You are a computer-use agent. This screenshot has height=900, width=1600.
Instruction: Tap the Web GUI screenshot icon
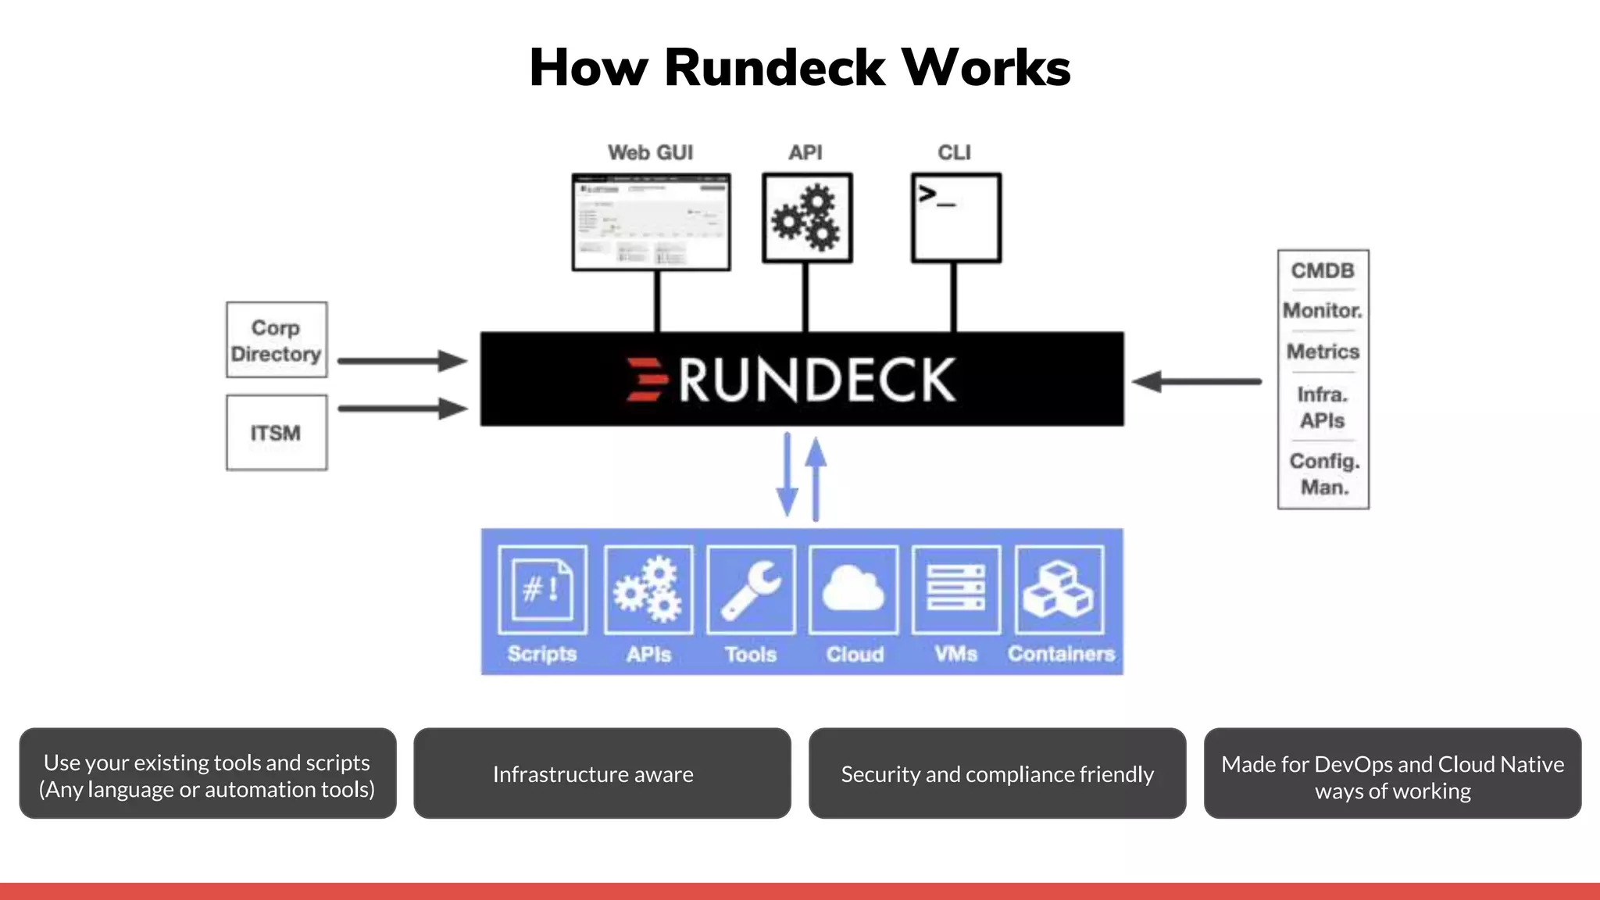pos(651,222)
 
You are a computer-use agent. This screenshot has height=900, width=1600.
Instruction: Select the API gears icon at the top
pos(806,217)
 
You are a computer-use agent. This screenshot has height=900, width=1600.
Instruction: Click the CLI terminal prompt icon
pos(955,217)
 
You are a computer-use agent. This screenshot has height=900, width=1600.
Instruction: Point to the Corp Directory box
pos(277,340)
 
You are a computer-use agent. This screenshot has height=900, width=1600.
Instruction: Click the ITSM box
pos(277,432)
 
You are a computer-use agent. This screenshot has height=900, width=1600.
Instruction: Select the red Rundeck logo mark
pos(646,380)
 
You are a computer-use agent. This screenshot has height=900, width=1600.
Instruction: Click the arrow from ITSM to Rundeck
pos(402,408)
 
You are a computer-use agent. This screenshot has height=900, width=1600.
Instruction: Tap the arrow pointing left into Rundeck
pos(1195,381)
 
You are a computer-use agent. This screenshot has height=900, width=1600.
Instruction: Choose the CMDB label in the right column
pos(1323,270)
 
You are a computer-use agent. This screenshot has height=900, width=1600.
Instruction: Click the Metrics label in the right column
pos(1323,352)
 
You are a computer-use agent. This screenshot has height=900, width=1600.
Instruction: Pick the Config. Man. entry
pos(1323,473)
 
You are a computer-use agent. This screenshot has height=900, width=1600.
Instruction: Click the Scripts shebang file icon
pos(542,590)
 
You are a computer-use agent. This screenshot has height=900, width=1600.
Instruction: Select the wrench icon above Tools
pos(751,590)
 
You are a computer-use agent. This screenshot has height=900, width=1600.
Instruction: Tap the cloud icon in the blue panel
pos(853,590)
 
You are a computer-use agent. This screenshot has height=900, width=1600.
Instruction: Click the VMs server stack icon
pos(955,590)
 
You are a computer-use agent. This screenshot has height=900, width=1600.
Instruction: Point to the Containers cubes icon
pos(1059,590)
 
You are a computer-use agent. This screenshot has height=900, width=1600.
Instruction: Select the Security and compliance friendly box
pos(997,773)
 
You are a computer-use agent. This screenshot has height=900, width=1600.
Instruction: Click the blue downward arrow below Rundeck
pos(787,477)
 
